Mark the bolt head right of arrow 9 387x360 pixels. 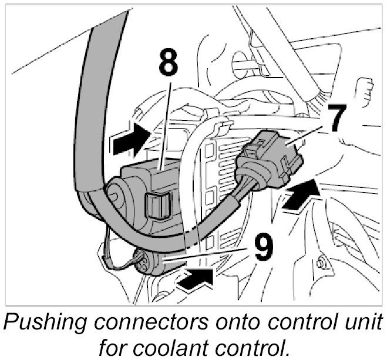coord(321,263)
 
